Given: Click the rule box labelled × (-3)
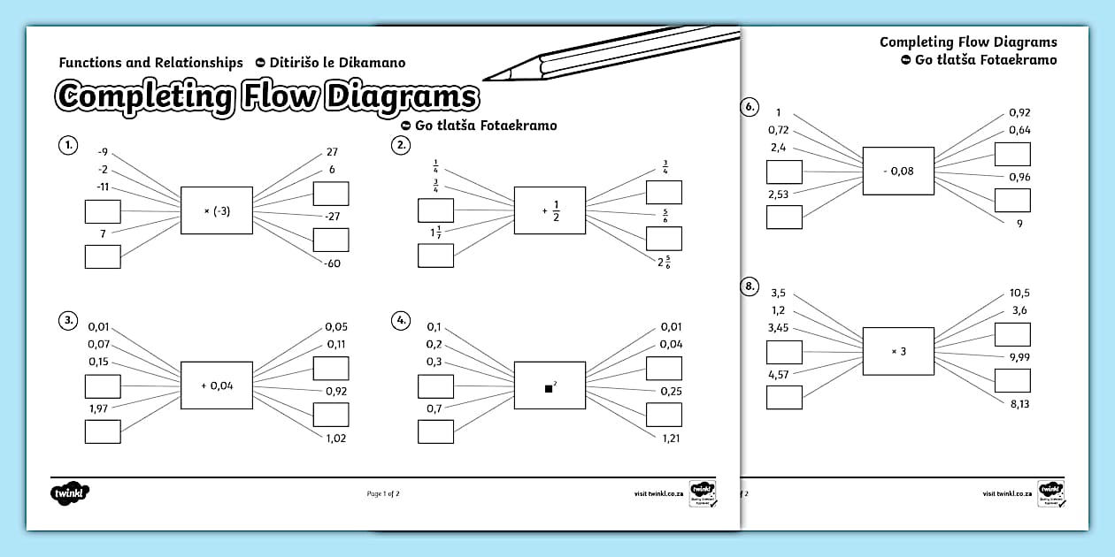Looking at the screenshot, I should pyautogui.click(x=216, y=210).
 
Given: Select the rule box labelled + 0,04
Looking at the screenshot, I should pyautogui.click(x=216, y=385).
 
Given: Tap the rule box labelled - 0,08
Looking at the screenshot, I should pyautogui.click(x=898, y=171).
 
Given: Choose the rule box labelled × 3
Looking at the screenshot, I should pyautogui.click(x=898, y=351).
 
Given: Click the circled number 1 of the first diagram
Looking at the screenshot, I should pyautogui.click(x=66, y=145).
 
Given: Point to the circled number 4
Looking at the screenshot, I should pyautogui.click(x=401, y=320).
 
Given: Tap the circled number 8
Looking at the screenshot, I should pyautogui.click(x=749, y=286).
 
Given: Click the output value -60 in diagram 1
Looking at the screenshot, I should pyautogui.click(x=332, y=263).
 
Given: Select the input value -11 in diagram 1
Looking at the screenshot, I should pyautogui.click(x=103, y=187).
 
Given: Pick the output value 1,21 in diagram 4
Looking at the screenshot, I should pyautogui.click(x=670, y=438).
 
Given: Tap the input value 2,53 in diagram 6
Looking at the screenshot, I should pyautogui.click(x=779, y=194).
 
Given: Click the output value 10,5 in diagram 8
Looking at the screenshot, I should pyautogui.click(x=1019, y=293).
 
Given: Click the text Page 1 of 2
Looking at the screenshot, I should pyautogui.click(x=383, y=493).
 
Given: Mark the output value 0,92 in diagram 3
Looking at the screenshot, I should pyautogui.click(x=335, y=390).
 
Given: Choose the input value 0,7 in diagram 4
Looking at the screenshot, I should pyautogui.click(x=434, y=408).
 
